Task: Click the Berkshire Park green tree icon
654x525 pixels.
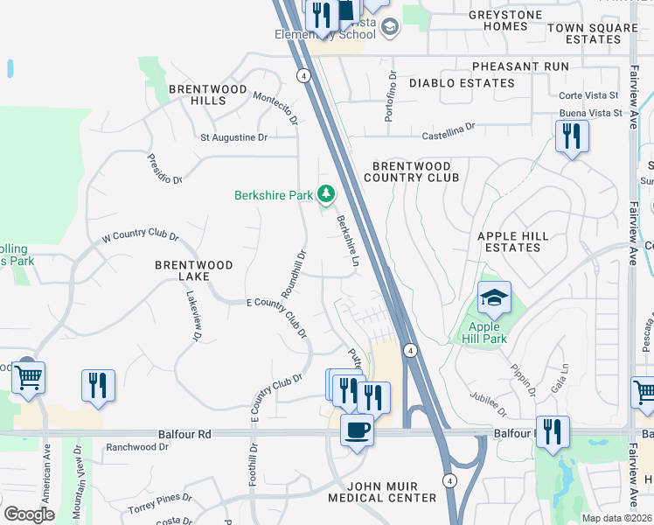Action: [326, 193]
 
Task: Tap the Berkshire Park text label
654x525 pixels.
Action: [273, 195]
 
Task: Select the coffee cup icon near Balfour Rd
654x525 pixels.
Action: [356, 430]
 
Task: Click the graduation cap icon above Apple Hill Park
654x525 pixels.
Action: [494, 299]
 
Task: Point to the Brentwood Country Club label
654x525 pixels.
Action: [411, 171]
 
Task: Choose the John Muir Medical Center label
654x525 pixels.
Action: [381, 492]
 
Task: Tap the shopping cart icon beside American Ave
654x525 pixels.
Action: [28, 379]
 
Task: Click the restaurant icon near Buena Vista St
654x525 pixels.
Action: [572, 136]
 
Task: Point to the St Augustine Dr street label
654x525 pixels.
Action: [234, 137]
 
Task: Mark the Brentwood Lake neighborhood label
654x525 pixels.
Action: [194, 270]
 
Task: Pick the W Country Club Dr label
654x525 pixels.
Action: [140, 237]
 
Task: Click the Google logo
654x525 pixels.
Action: [29, 514]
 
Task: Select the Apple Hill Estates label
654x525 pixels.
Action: [512, 241]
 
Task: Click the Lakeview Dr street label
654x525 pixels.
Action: [194, 316]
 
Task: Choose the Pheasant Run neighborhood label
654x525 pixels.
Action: [519, 66]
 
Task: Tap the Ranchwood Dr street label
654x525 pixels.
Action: [136, 447]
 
